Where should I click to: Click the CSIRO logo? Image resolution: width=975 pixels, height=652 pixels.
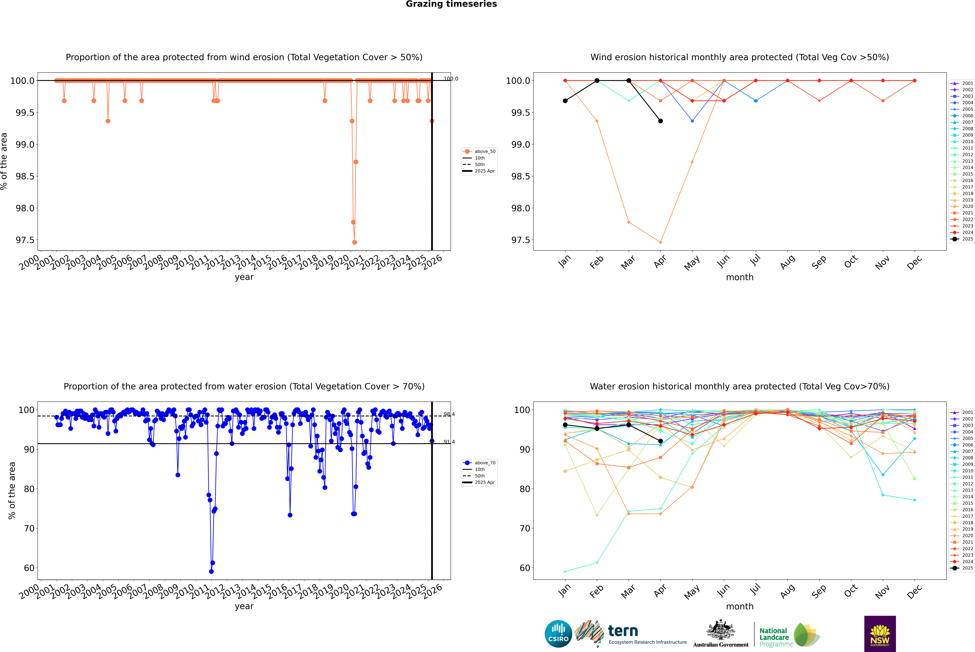[x=558, y=634]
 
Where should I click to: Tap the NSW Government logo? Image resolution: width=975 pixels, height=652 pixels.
[x=880, y=634]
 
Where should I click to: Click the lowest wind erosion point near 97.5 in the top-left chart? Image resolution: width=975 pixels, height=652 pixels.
[x=354, y=242]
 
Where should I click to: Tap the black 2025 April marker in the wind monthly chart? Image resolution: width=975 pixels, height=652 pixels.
[x=660, y=121]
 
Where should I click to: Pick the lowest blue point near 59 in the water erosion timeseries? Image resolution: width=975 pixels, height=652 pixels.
[x=211, y=571]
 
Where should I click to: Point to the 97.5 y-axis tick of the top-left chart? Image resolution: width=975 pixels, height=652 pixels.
[x=25, y=240]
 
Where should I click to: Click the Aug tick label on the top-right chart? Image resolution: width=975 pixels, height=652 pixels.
[x=788, y=262]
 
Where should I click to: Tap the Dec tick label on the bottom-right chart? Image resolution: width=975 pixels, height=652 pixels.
[x=914, y=592]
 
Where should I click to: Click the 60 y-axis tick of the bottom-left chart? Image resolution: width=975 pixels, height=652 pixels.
[x=29, y=568]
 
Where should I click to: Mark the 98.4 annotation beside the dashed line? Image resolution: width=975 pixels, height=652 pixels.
[x=449, y=414]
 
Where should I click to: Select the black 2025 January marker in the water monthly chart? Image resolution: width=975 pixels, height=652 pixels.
[x=565, y=425]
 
